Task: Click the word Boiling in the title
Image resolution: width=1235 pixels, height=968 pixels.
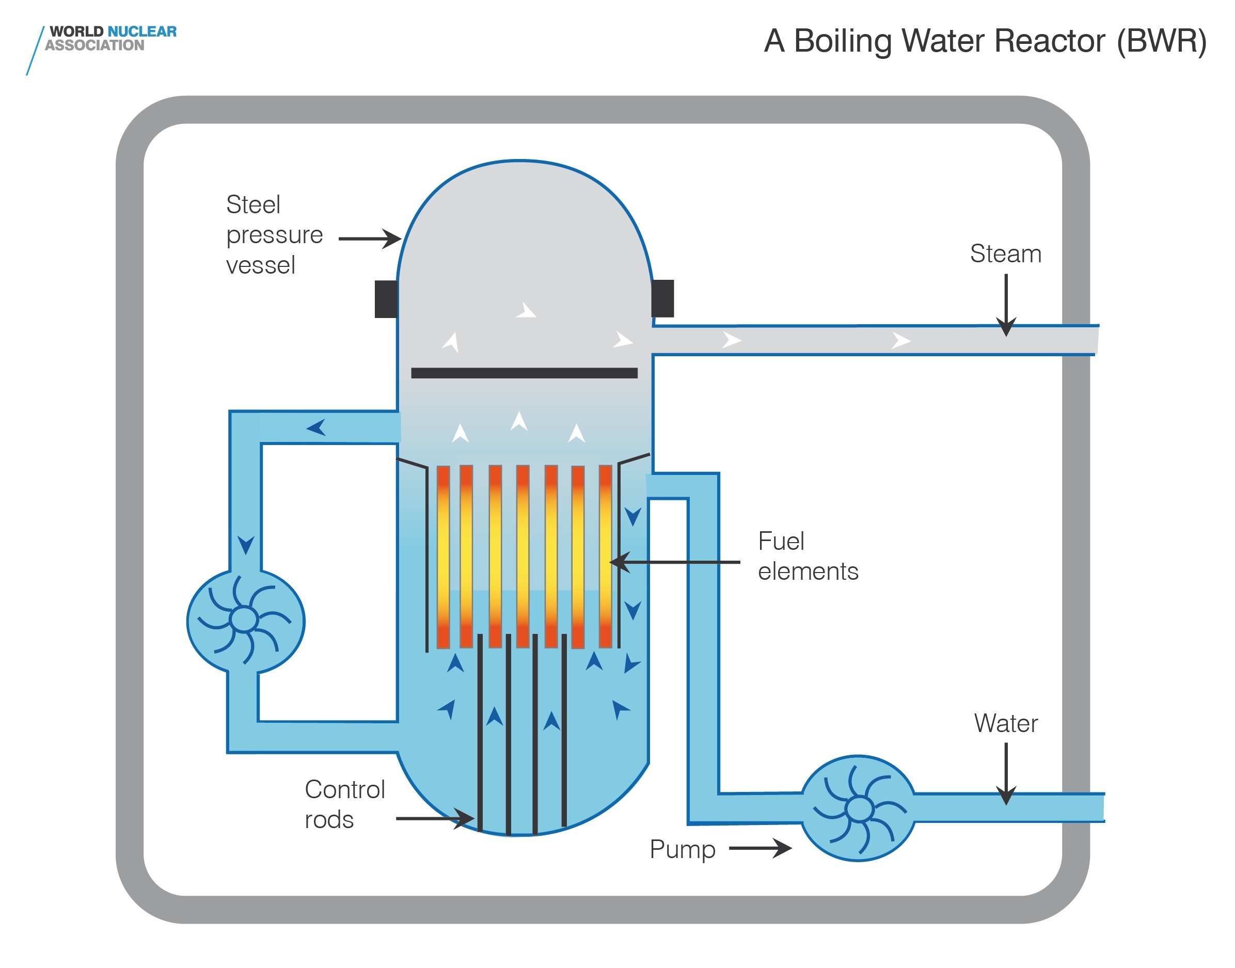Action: (845, 42)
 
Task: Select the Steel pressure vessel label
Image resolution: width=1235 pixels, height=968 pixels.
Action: (274, 234)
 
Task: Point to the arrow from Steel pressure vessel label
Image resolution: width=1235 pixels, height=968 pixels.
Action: (370, 239)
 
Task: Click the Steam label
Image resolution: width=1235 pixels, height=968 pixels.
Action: (1005, 253)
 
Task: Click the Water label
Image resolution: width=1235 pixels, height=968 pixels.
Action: (1005, 723)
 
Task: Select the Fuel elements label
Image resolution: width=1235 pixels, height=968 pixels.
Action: (807, 556)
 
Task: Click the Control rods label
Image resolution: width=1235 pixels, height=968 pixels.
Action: (344, 804)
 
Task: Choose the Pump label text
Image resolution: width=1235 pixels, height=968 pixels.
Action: (682, 849)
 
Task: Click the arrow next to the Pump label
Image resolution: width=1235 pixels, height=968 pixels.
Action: (760, 848)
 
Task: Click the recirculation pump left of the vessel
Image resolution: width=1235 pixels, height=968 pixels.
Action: (245, 621)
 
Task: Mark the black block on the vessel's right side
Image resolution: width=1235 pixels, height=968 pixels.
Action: (662, 298)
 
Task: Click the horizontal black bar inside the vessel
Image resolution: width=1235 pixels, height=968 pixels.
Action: (524, 373)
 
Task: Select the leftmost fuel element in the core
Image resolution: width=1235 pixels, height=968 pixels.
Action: (442, 557)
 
